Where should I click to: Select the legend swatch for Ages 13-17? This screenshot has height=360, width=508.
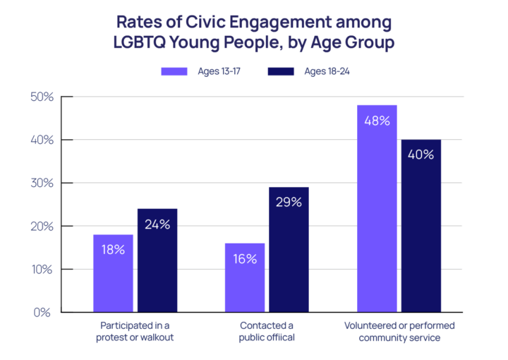coord(174,71)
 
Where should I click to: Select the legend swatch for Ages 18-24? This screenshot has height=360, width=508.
coord(281,71)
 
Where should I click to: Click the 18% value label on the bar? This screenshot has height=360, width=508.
coord(113,249)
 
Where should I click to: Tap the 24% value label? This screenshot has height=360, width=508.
coord(157,224)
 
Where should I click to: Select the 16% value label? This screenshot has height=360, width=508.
coord(244,258)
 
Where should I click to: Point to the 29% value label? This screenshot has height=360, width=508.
coord(288,203)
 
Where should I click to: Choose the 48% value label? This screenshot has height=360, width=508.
coord(376,121)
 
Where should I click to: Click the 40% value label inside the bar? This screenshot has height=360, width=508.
coord(421,155)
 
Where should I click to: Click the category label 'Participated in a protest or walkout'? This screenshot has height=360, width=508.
coord(133,331)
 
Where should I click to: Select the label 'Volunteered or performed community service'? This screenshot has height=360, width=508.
coord(399,331)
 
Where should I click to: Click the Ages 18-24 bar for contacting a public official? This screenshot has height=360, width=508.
coord(288,261)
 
